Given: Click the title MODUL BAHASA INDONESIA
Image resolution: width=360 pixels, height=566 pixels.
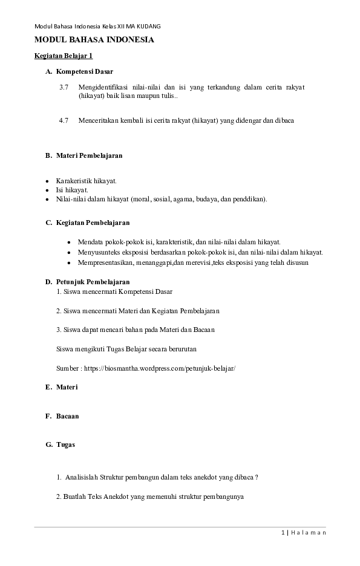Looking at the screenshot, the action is [x=94, y=40].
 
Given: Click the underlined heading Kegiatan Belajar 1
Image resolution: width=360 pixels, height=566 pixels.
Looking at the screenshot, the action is [x=63, y=56].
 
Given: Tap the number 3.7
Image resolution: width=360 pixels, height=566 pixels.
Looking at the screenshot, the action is [x=64, y=87].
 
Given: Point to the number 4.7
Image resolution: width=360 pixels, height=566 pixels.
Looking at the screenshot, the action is [x=64, y=120].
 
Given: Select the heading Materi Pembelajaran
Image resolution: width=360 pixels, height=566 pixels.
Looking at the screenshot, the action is [x=89, y=155].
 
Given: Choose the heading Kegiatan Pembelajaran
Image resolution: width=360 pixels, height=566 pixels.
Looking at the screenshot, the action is [x=93, y=223].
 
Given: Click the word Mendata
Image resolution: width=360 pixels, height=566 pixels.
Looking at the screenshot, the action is [x=91, y=241].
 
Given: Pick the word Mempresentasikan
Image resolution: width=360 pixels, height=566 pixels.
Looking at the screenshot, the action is [x=108, y=262].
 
